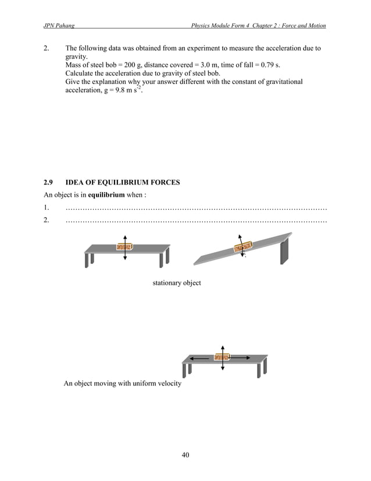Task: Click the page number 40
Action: click(x=185, y=455)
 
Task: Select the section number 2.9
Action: click(x=49, y=182)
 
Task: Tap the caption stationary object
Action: click(x=177, y=283)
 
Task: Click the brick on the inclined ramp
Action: click(x=242, y=246)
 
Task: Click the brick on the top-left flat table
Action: click(x=125, y=246)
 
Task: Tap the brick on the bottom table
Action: click(x=222, y=358)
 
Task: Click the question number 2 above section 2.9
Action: click(x=47, y=48)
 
